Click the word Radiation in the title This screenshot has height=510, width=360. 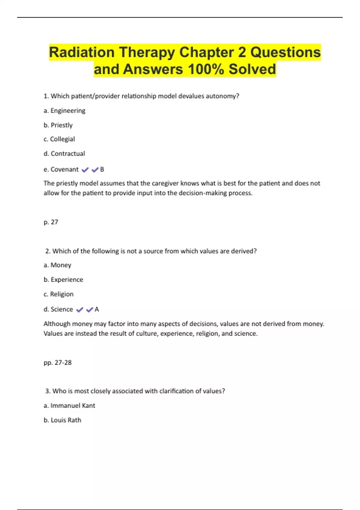pyautogui.click(x=82, y=52)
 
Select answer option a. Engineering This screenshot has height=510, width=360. pyautogui.click(x=64, y=111)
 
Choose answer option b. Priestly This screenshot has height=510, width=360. pyautogui.click(x=58, y=125)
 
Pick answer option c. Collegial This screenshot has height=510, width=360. pyautogui.click(x=59, y=139)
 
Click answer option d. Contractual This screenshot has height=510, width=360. pyautogui.click(x=64, y=154)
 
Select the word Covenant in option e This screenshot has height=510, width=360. pyautogui.click(x=64, y=169)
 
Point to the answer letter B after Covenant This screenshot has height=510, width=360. pyautogui.click(x=102, y=169)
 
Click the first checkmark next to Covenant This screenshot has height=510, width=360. pyautogui.click(x=85, y=170)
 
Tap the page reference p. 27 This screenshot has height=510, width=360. pyautogui.click(x=51, y=222)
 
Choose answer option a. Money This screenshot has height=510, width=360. pyautogui.click(x=57, y=265)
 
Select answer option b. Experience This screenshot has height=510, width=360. pyautogui.click(x=63, y=280)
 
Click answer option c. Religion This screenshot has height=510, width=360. pyautogui.click(x=58, y=294)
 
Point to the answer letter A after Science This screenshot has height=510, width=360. pyautogui.click(x=97, y=309)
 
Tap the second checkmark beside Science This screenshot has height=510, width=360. pyautogui.click(x=89, y=310)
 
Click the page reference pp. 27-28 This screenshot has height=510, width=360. pyautogui.click(x=58, y=362)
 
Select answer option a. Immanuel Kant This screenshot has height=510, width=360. pyautogui.click(x=69, y=406)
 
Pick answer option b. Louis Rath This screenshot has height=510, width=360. pyautogui.click(x=62, y=420)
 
